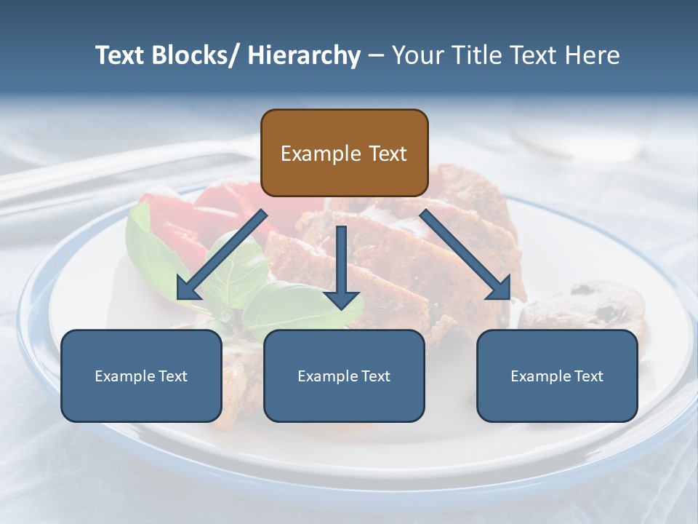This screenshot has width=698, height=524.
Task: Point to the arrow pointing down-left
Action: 221,255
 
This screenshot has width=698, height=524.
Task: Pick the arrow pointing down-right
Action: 465,254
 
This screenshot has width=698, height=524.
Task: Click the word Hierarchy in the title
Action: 304,55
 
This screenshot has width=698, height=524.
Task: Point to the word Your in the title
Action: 417,55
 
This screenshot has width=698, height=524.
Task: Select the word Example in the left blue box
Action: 124,376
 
